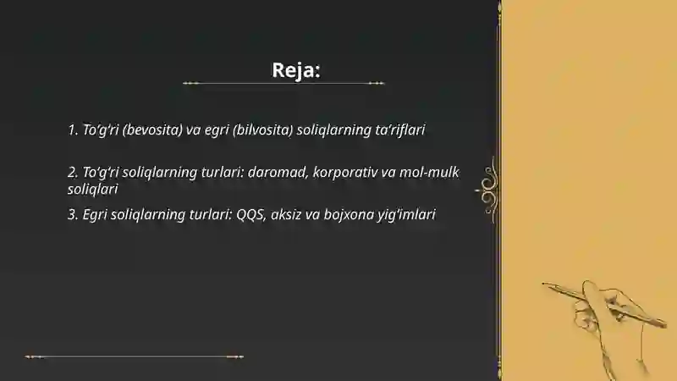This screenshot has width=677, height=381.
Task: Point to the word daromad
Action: point(277,172)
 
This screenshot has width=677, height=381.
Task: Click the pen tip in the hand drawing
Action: point(546,285)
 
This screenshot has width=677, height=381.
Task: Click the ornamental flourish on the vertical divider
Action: point(488,185)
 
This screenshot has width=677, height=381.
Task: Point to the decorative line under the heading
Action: point(283,84)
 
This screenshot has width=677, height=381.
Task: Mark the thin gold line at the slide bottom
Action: point(135,356)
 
